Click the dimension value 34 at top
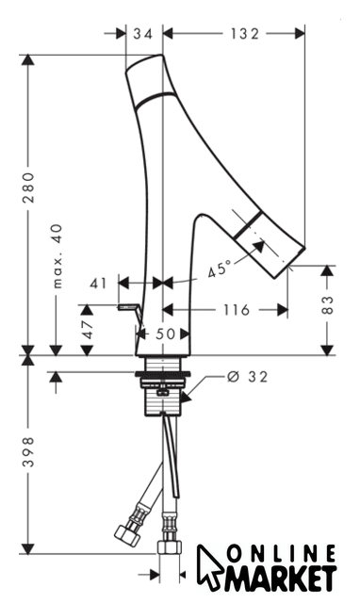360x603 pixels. tap(142, 34)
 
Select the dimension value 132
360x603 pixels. tap(245, 34)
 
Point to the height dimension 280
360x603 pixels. tap(28, 187)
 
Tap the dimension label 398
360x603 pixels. tap(28, 451)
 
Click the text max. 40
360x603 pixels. tap(57, 255)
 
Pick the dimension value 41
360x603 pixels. tap(98, 284)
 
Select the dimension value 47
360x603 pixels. tap(88, 330)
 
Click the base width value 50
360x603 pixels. tap(165, 334)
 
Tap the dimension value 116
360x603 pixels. tap(237, 309)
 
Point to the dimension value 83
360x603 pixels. tap(327, 304)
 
